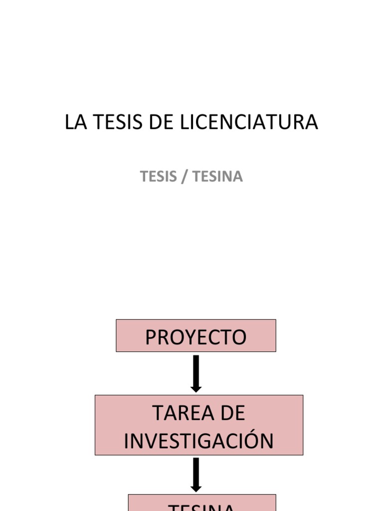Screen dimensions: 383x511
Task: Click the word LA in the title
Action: [73, 123]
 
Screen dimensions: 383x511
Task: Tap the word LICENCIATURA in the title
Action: [248, 123]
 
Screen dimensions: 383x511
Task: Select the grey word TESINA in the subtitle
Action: [217, 177]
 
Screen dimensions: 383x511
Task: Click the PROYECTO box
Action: [195, 336]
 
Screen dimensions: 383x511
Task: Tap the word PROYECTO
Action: [195, 338]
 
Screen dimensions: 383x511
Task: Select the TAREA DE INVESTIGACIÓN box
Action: [198, 425]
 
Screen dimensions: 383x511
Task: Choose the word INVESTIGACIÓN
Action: [198, 441]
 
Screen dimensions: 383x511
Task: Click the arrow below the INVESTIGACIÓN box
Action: [196, 475]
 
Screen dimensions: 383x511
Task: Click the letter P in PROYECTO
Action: [151, 338]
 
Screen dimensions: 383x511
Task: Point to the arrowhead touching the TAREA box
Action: [196, 387]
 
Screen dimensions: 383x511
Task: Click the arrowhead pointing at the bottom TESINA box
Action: [196, 488]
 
